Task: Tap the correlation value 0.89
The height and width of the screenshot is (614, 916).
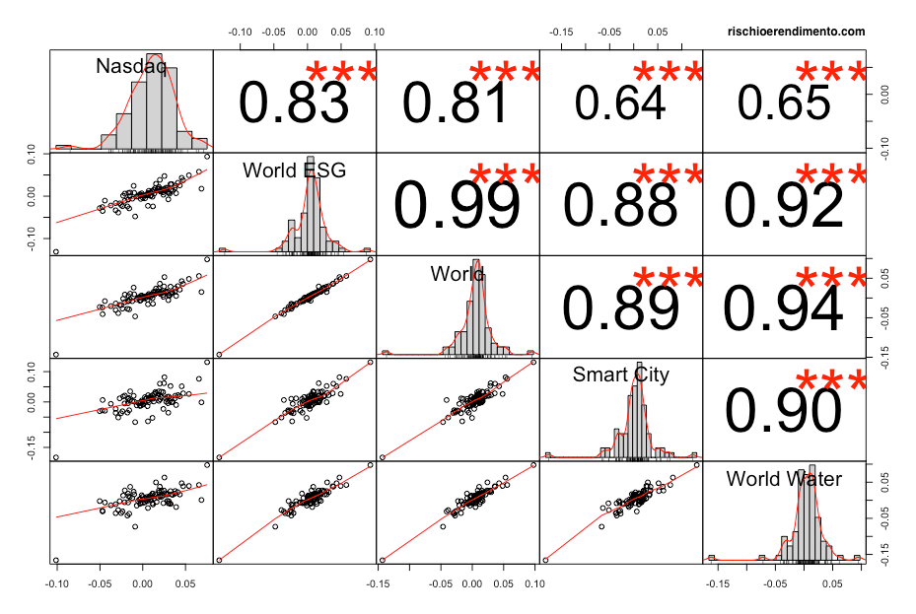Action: tap(620, 307)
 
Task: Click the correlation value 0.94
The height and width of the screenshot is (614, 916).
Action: tap(783, 307)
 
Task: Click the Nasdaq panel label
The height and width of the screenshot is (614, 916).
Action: tap(130, 67)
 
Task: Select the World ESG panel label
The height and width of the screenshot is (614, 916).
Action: tap(294, 171)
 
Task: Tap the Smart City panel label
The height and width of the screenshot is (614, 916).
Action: tap(620, 375)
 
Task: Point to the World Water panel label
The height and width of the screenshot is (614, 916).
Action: tap(784, 479)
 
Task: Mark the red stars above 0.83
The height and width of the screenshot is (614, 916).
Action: tap(341, 73)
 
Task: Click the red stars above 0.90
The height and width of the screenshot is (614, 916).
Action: tap(830, 380)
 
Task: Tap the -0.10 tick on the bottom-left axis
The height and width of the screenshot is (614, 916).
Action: tap(57, 582)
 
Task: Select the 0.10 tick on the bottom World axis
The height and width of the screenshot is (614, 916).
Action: tap(534, 582)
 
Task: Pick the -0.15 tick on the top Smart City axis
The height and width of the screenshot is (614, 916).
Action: tap(561, 32)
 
